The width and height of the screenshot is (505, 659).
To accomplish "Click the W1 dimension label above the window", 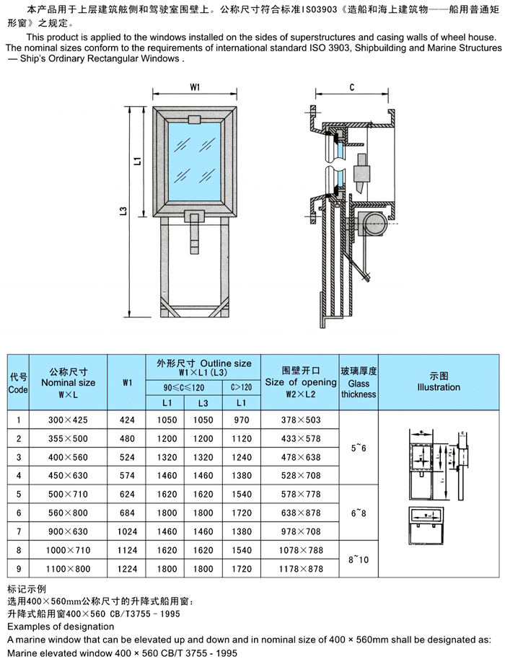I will (195, 87).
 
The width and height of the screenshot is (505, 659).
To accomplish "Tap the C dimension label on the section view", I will (351, 87).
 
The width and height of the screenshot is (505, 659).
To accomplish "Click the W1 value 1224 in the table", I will (128, 569).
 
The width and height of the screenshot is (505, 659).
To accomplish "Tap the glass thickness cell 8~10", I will (358, 558).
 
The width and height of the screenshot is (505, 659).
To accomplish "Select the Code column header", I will (17, 383).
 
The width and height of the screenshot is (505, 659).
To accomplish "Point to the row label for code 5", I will (17, 494).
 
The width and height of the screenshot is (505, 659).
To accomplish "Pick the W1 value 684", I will (128, 513).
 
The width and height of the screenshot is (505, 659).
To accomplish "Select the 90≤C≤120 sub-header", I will (183, 388).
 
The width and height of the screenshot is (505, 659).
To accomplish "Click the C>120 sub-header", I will (241, 388).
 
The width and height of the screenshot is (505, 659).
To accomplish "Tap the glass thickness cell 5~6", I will (358, 448).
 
